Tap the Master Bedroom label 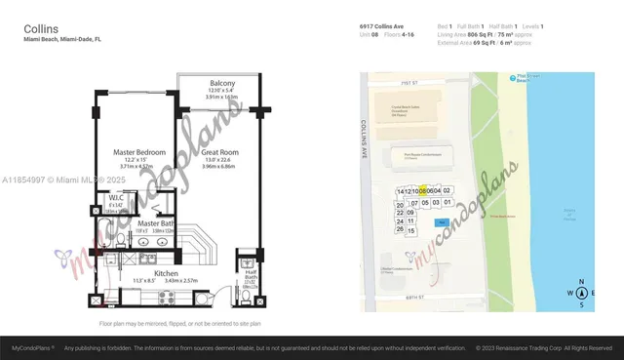pos(137,152)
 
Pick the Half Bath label pos(251,276)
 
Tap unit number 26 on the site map pos(400,229)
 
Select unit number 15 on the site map pos(411,230)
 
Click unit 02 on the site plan pos(448,190)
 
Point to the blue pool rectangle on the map pos(442,222)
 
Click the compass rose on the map pos(581,293)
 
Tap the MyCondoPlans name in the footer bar pos(32,347)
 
